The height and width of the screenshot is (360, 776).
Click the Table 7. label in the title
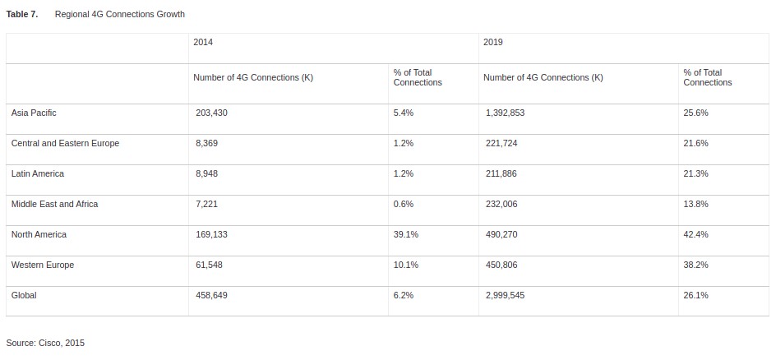pyautogui.click(x=22, y=15)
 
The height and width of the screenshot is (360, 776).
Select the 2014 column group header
pyautogui.click(x=203, y=42)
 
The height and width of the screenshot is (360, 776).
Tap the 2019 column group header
pyautogui.click(x=493, y=42)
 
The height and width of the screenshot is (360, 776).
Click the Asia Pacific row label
pyautogui.click(x=34, y=113)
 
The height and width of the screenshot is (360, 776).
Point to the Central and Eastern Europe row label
pyautogui.click(x=65, y=143)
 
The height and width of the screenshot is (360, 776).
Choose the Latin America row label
pyautogui.click(x=38, y=173)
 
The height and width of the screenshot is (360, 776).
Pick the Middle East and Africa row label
pyautogui.click(x=54, y=204)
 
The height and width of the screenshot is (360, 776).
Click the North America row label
pyautogui.click(x=39, y=234)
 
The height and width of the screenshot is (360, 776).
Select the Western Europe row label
pyautogui.click(x=43, y=265)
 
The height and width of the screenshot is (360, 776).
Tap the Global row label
pyautogui.click(x=24, y=295)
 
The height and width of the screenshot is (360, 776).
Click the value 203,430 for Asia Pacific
pyautogui.click(x=211, y=113)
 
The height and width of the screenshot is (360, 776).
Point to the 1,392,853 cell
pyautogui.click(x=505, y=113)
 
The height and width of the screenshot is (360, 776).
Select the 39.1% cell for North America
pyautogui.click(x=405, y=234)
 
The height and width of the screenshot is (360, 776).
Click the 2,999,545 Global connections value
pyautogui.click(x=505, y=295)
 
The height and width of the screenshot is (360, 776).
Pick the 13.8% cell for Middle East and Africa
pyautogui.click(x=695, y=204)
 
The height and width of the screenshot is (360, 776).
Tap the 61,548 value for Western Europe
pyautogui.click(x=209, y=265)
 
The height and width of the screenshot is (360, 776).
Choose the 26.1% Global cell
pyautogui.click(x=695, y=295)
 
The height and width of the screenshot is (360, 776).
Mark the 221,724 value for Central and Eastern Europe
pyautogui.click(x=501, y=143)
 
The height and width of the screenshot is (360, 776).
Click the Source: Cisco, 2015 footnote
pyautogui.click(x=45, y=343)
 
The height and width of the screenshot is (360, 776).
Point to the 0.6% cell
pyautogui.click(x=403, y=204)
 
